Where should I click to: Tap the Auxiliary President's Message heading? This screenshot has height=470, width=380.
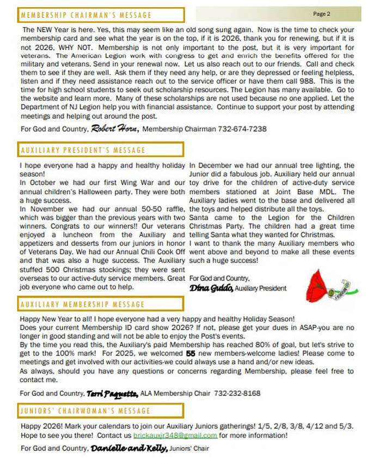[84, 150]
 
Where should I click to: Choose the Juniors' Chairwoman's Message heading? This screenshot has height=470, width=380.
[84, 410]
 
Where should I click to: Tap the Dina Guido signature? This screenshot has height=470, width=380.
[212, 288]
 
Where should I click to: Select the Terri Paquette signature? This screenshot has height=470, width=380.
[112, 393]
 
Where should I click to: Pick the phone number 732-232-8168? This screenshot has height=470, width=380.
[238, 393]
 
